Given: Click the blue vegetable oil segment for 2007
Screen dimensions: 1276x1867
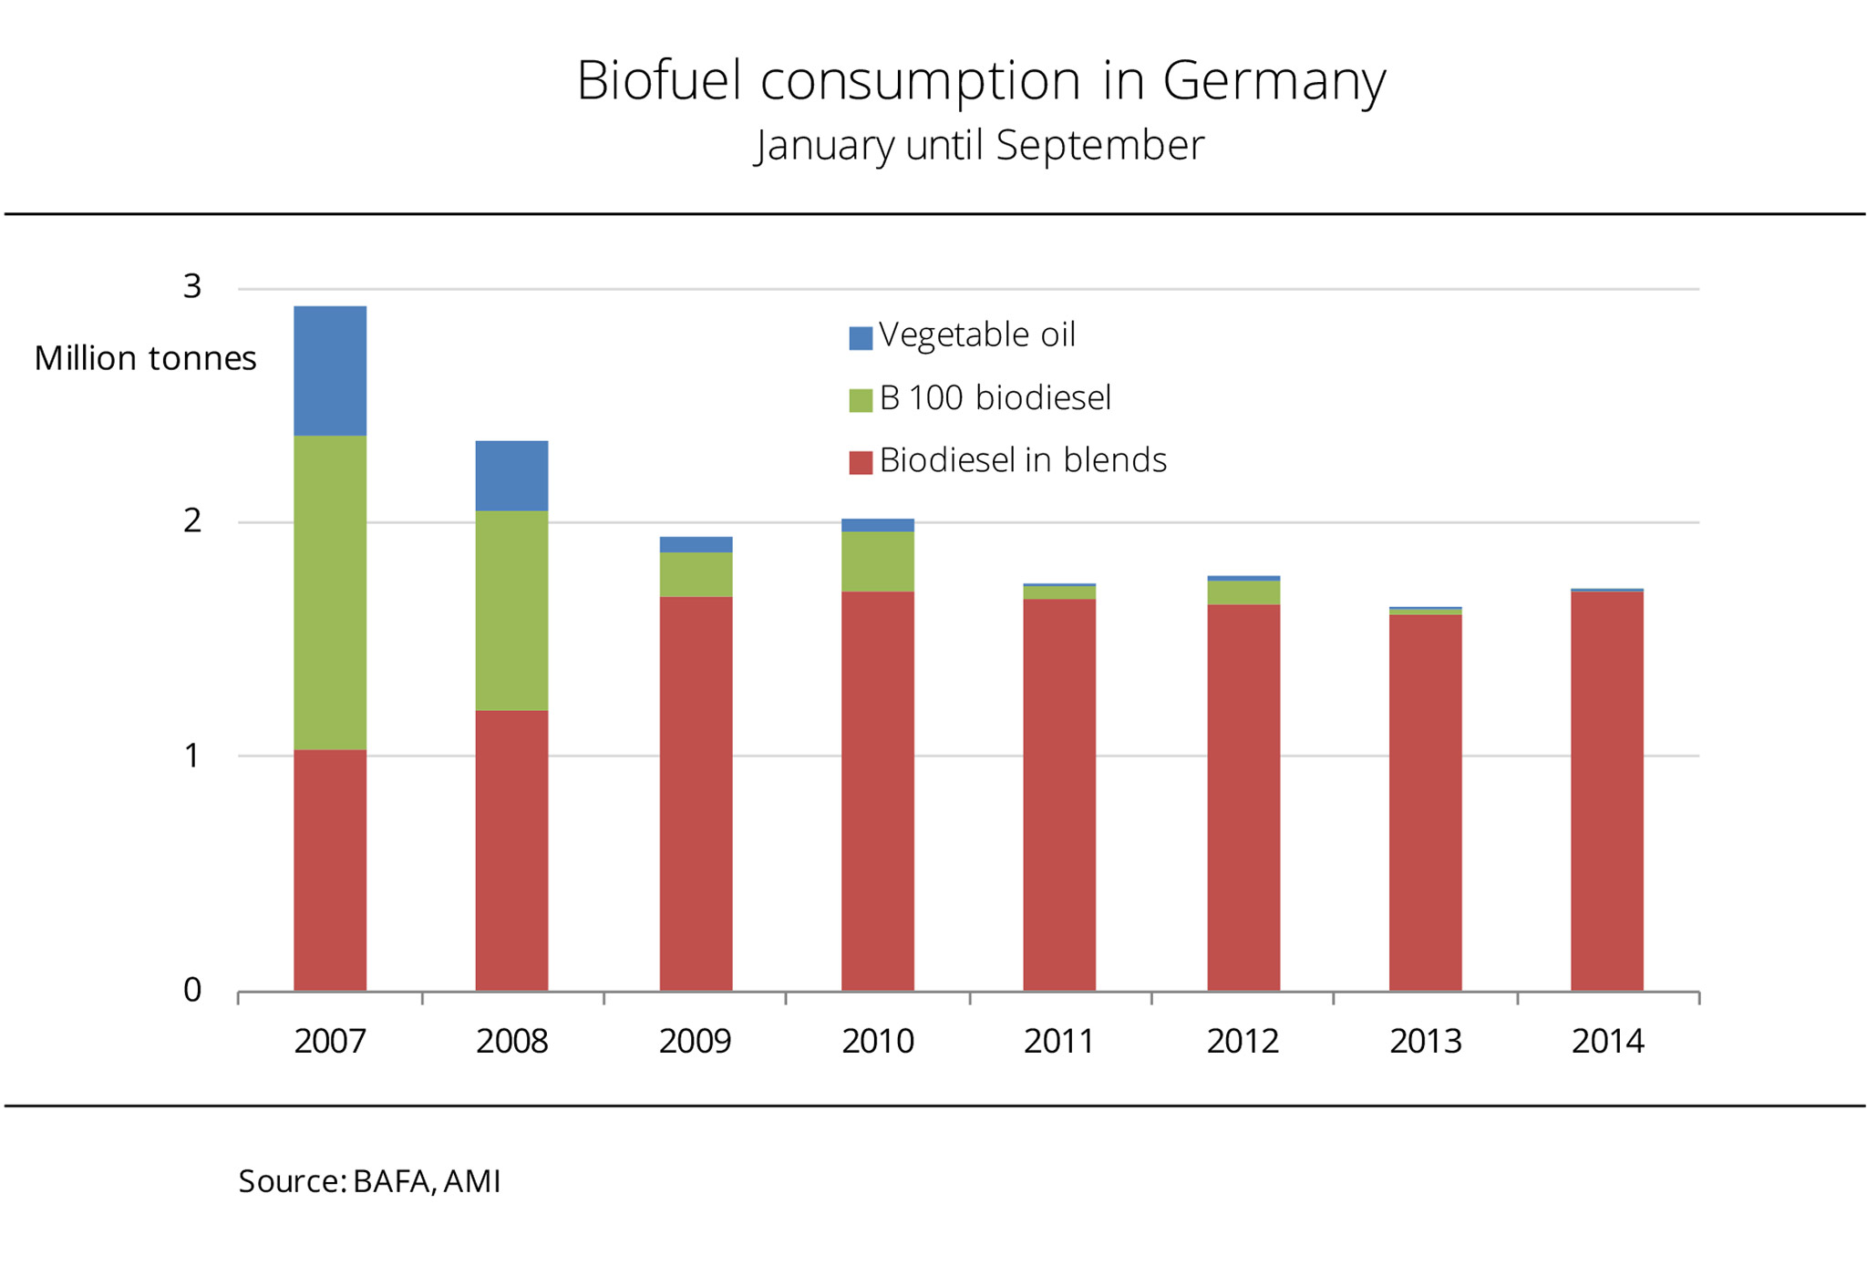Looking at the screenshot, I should (330, 371).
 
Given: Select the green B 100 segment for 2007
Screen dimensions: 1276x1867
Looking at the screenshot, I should (330, 592).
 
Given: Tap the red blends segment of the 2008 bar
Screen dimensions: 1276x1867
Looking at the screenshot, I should (511, 850).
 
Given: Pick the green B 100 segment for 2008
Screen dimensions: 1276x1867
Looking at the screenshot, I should (511, 611).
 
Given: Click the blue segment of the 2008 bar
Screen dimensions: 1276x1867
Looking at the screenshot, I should (511, 476).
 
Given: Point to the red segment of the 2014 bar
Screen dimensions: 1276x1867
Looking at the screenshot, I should (1606, 791).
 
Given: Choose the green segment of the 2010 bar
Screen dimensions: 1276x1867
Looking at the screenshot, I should (877, 561).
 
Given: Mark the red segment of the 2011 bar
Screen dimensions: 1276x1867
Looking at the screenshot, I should (1059, 795).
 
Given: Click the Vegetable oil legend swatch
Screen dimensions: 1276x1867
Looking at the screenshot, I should (861, 338).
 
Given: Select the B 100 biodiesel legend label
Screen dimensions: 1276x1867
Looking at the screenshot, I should (995, 398).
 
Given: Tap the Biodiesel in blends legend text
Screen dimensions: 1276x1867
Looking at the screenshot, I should (1022, 460).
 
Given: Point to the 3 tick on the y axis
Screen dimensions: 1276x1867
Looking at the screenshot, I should (191, 287).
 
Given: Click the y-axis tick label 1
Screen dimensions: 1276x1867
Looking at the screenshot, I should (191, 756).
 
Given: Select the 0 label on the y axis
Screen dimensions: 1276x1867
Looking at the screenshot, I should (191, 990).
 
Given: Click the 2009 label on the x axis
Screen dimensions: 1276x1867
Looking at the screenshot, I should (695, 1041).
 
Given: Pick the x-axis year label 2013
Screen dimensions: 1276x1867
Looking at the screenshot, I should (1425, 1041).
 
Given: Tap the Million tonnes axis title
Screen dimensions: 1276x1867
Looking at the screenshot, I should (145, 358).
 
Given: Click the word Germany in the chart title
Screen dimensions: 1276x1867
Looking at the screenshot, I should (1274, 80).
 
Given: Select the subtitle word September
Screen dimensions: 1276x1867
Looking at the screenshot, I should (1099, 146).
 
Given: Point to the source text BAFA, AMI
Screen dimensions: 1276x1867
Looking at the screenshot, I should (427, 1181).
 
